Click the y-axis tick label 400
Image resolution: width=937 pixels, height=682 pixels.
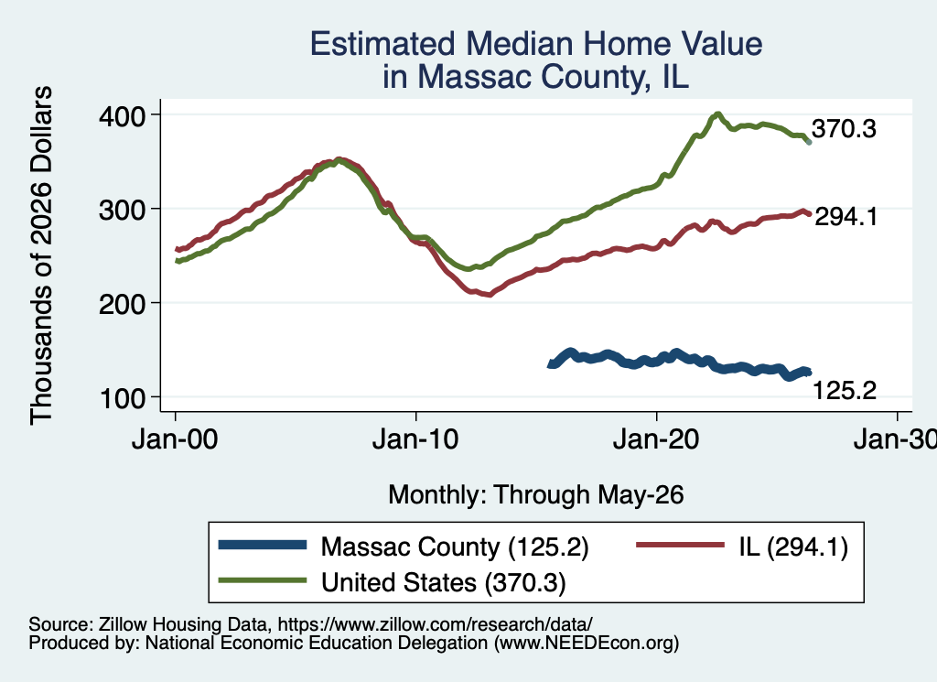click(122, 115)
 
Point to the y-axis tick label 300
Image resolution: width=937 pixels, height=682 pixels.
click(122, 210)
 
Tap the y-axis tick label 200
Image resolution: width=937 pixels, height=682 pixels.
click(122, 304)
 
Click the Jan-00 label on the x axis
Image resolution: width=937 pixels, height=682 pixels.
click(175, 440)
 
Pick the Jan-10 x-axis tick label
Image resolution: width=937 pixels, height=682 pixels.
click(415, 440)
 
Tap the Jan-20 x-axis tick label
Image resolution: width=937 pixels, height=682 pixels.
click(656, 440)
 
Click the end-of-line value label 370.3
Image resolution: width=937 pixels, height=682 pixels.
click(844, 129)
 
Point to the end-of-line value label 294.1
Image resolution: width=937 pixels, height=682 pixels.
click(846, 217)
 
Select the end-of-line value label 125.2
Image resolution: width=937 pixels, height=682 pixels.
click(845, 391)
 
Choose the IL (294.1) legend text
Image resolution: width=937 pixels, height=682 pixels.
click(793, 547)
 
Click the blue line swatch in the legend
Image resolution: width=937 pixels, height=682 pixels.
click(263, 545)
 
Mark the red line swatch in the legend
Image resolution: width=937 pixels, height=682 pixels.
click(680, 545)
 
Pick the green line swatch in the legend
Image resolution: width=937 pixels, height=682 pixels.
click(263, 580)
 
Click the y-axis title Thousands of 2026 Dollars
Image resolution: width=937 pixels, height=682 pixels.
click(41, 255)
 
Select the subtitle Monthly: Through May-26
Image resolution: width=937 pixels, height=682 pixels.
click(536, 495)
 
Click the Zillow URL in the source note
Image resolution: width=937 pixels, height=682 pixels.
click(435, 624)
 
